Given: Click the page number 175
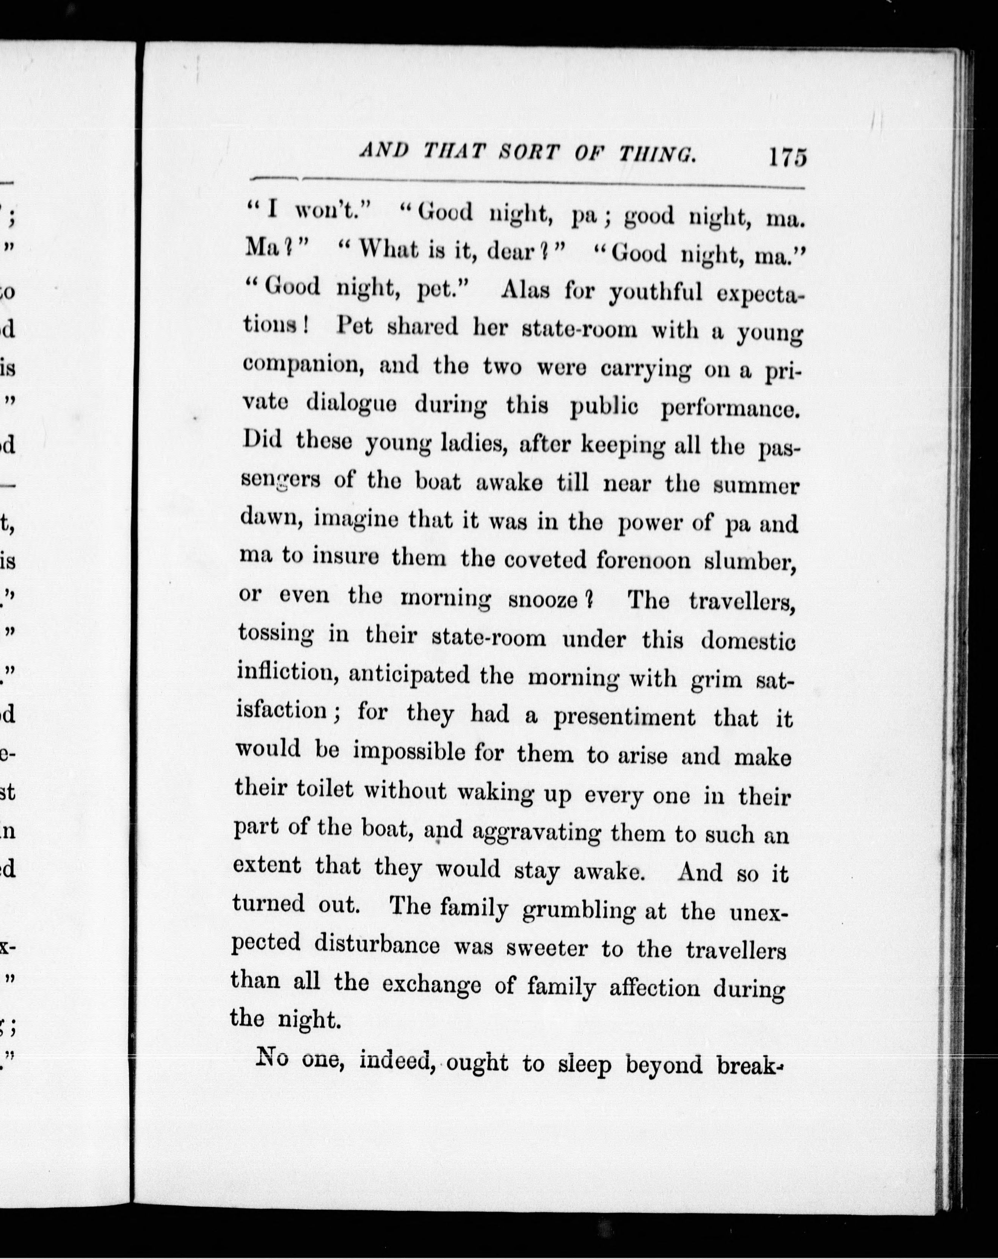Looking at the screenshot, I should coord(788,157).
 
